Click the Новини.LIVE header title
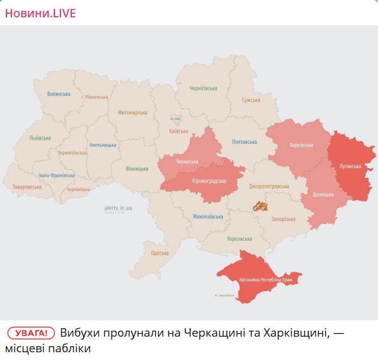pyautogui.click(x=41, y=13)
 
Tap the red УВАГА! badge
pyautogui.click(x=31, y=333)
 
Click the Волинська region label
pyautogui.click(x=59, y=94)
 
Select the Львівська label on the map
pyautogui.click(x=40, y=138)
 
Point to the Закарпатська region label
pyautogui.click(x=27, y=187)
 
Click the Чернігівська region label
pyautogui.click(x=203, y=88)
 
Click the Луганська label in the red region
pyautogui.click(x=350, y=166)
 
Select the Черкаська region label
pyautogui.click(x=186, y=162)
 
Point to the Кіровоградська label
pyautogui.click(x=209, y=181)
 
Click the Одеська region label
pyautogui.click(x=159, y=253)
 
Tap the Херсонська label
pyautogui.click(x=240, y=238)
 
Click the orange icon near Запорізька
pyautogui.click(x=259, y=206)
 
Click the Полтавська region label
pyautogui.click(x=244, y=142)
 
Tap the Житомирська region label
pyautogui.click(x=132, y=113)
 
